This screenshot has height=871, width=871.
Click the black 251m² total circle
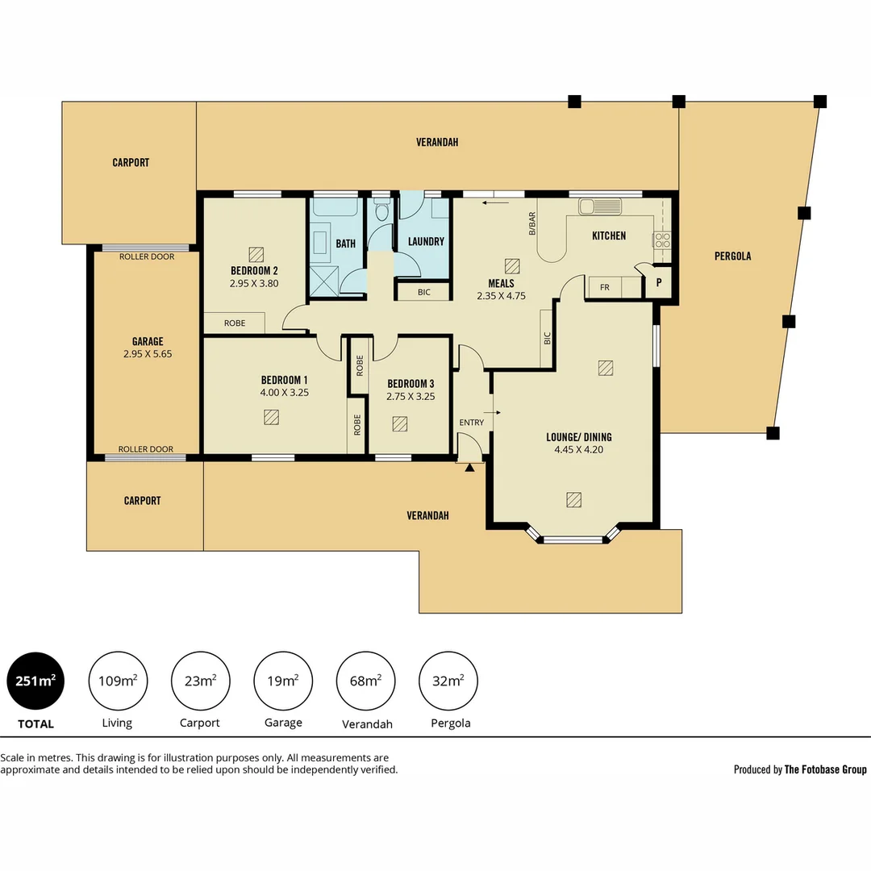pyautogui.click(x=35, y=681)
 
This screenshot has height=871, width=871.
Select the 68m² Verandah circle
pyautogui.click(x=365, y=681)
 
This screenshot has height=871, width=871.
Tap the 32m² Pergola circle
pyautogui.click(x=448, y=681)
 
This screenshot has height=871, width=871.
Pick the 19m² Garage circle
pyautogui.click(x=283, y=681)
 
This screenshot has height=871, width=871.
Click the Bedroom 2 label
pyautogui.click(x=254, y=270)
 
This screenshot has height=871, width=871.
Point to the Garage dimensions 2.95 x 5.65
pyautogui.click(x=148, y=354)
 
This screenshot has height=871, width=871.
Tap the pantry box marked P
pyautogui.click(x=659, y=283)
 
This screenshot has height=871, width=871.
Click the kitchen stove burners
pyautogui.click(x=662, y=240)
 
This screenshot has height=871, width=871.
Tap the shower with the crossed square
pyautogui.click(x=325, y=282)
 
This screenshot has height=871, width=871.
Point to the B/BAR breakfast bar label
pyautogui.click(x=531, y=223)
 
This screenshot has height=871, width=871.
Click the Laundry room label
pyautogui.click(x=426, y=241)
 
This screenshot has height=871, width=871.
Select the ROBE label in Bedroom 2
pyautogui.click(x=235, y=323)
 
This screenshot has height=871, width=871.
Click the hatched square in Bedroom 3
pyautogui.click(x=399, y=423)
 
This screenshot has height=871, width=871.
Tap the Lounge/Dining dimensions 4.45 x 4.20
pyautogui.click(x=578, y=450)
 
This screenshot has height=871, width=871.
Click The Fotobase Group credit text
pyautogui.click(x=825, y=769)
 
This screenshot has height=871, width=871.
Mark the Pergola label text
pyautogui.click(x=732, y=256)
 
